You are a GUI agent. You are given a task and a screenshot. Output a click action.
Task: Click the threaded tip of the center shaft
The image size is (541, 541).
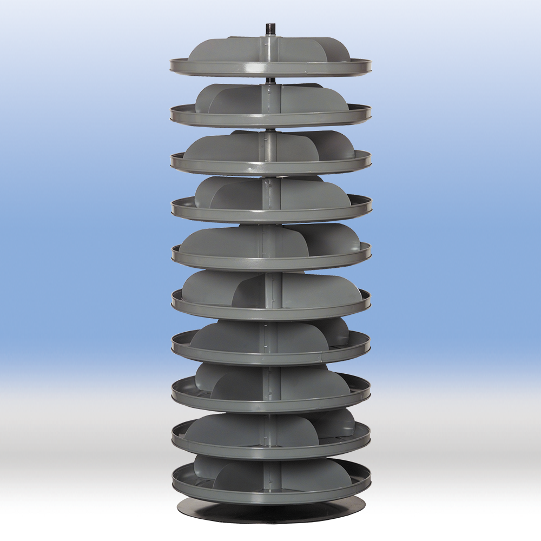tap(269, 28)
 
